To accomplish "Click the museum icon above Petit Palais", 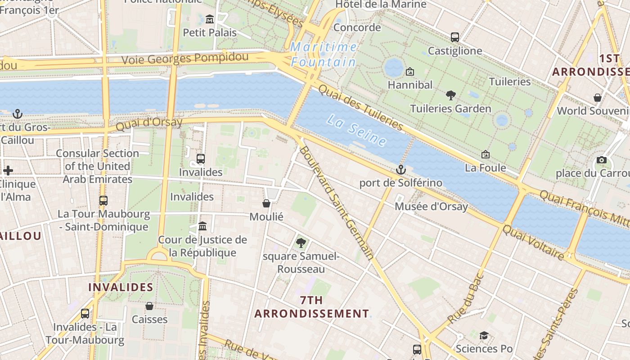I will point(210,19).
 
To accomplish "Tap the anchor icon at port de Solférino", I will point(400,170).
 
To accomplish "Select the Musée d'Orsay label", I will point(431,207).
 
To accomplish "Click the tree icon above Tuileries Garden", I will point(450,95).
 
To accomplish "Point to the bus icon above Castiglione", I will point(455,37).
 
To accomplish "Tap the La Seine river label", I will point(356,130).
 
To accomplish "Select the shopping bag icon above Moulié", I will point(266,203).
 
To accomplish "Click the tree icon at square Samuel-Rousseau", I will point(301,243).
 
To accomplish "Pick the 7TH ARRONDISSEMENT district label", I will point(311,307).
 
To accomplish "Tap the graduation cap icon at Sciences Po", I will point(484,335).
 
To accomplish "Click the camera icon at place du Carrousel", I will point(601,160).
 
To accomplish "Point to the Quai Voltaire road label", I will point(533,242).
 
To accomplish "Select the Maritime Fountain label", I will point(324,54).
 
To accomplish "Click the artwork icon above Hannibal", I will point(410,72).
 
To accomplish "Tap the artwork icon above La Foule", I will point(485,154).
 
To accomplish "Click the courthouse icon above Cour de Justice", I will point(202,226).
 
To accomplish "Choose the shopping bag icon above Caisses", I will point(149,306).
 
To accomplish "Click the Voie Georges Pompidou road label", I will point(185,58).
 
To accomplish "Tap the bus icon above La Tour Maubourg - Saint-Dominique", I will point(103,200).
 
